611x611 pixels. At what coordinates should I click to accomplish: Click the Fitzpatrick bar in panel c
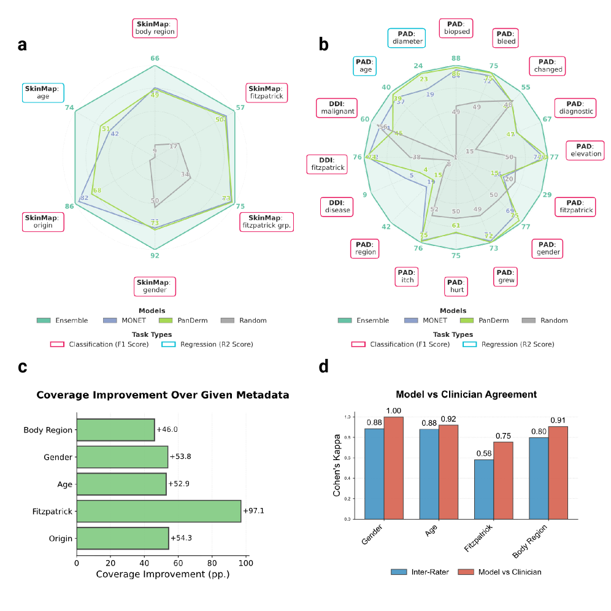point(158,511)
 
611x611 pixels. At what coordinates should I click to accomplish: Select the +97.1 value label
point(255,511)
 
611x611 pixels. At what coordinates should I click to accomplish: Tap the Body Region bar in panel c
point(115,430)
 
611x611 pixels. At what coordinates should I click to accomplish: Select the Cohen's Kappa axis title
point(337,467)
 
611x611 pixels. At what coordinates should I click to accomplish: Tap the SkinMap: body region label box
point(155,28)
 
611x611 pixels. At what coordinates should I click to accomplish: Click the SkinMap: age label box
point(42,93)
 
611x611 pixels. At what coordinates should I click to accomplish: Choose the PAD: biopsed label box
point(456,28)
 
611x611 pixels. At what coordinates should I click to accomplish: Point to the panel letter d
point(324,367)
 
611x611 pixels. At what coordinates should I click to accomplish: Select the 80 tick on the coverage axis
point(212,562)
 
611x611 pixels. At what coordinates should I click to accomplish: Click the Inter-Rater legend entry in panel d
point(415,572)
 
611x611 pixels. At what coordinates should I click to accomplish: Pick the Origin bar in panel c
point(122,538)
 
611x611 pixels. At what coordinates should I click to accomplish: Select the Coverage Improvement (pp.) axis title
point(163,575)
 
